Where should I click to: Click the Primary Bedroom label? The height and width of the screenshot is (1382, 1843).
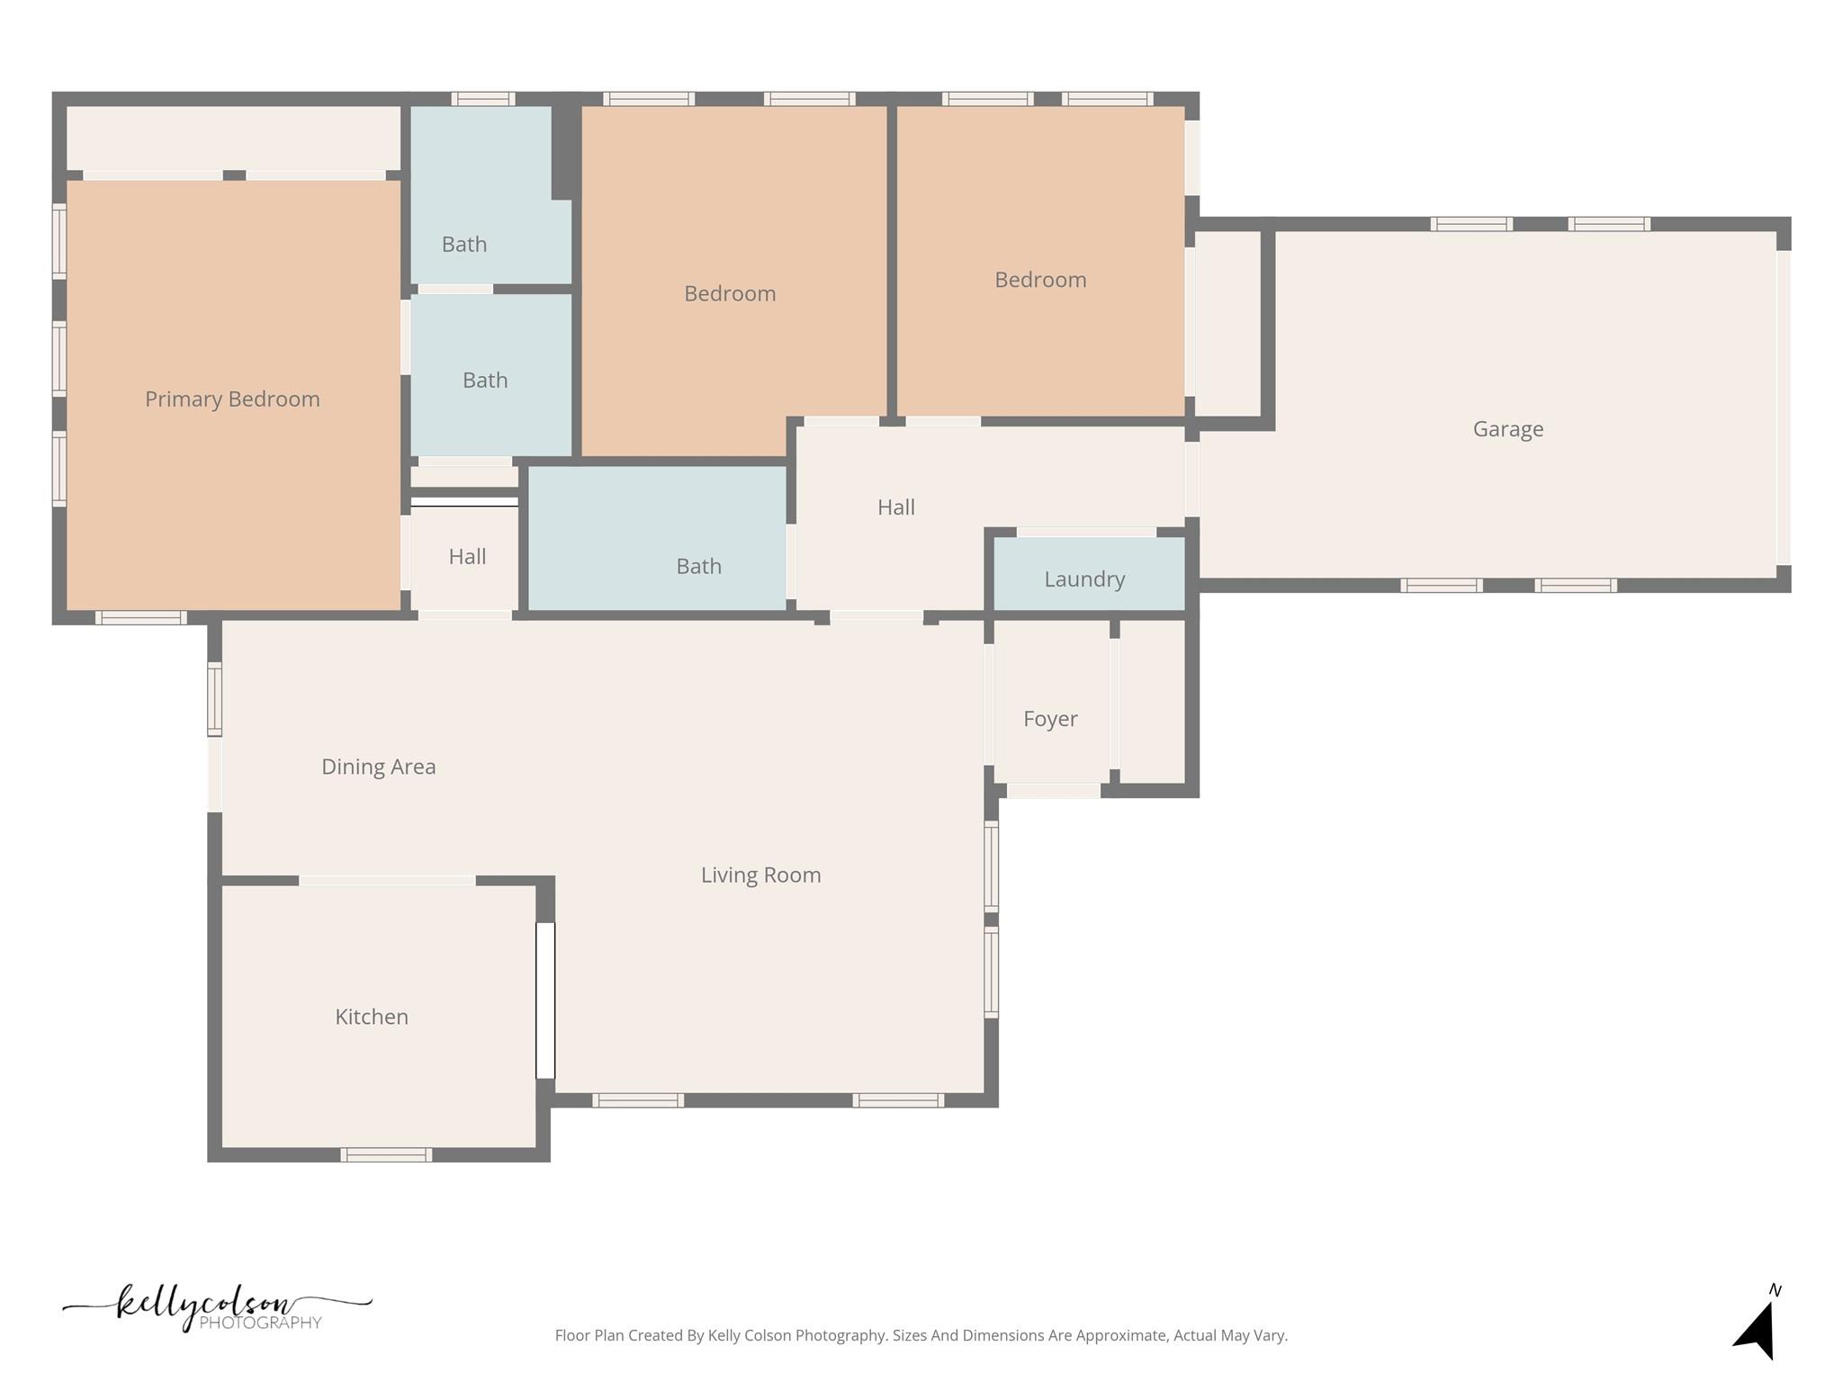tap(232, 399)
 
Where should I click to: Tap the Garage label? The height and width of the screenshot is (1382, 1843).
tap(1507, 429)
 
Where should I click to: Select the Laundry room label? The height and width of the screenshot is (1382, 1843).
tap(1084, 579)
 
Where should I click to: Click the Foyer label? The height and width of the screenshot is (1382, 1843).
tap(1049, 718)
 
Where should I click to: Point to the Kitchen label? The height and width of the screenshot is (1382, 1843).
tap(371, 1016)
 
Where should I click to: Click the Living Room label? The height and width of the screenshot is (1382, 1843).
tap(760, 875)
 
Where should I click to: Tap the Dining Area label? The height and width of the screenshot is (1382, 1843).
tap(378, 766)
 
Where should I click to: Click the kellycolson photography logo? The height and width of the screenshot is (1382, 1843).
tap(216, 1307)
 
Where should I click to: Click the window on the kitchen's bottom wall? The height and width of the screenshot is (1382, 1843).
tap(386, 1154)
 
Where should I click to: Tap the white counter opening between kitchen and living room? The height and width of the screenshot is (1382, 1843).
tap(545, 1000)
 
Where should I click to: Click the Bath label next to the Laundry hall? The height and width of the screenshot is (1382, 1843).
tap(698, 566)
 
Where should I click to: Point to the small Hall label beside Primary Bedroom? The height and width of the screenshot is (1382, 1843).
tap(467, 556)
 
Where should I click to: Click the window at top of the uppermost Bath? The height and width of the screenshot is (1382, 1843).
tap(482, 99)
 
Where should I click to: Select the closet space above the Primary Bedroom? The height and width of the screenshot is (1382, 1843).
tap(233, 138)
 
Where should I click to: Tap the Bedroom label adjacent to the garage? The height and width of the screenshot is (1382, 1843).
tap(1039, 280)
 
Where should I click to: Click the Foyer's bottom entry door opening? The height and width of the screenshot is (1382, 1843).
tap(1053, 791)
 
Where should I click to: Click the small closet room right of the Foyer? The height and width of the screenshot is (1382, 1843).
tap(1152, 702)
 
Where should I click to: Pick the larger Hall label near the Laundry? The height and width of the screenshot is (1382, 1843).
tap(895, 507)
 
